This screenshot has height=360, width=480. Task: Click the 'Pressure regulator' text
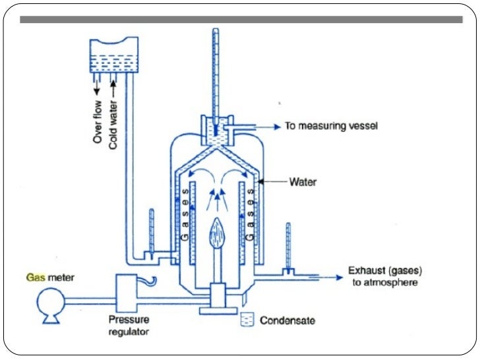[x=130, y=325]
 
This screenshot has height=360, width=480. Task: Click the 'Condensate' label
[x=287, y=321]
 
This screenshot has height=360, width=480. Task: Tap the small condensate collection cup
[x=249, y=320]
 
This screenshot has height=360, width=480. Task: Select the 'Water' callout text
[x=303, y=179]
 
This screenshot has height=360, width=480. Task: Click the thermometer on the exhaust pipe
[x=288, y=247]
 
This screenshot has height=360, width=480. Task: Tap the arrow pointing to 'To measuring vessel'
[x=264, y=125]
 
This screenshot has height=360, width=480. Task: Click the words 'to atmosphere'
[x=386, y=282]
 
